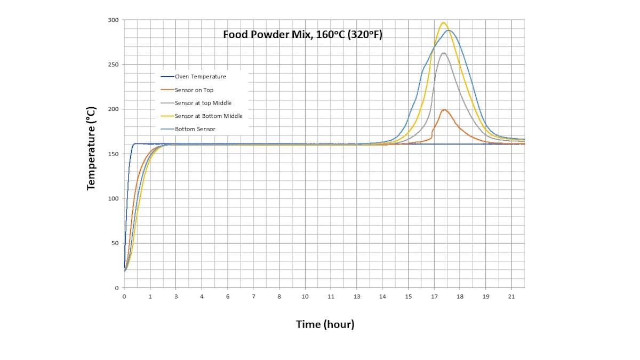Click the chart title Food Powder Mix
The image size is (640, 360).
(x=302, y=35)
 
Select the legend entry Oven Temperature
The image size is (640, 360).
(x=200, y=77)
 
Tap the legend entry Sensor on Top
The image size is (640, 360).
(x=194, y=90)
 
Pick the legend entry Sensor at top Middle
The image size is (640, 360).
(x=203, y=103)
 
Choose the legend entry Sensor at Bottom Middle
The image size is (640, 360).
(x=209, y=116)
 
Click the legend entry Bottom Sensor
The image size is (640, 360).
(x=195, y=129)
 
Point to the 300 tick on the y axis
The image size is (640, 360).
(x=114, y=20)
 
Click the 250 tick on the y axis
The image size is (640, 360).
(x=114, y=65)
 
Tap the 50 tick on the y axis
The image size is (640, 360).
(x=115, y=243)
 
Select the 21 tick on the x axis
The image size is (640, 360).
(x=511, y=297)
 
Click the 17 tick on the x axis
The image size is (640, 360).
(x=434, y=297)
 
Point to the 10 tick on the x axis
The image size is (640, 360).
(x=305, y=297)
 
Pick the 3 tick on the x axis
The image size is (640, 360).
(x=176, y=297)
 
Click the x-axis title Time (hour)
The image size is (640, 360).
(x=325, y=324)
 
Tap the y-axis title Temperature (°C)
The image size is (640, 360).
(x=91, y=148)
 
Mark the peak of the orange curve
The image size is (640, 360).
(x=444, y=109)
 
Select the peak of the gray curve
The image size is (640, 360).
(x=443, y=53)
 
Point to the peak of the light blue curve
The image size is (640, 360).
(x=450, y=30)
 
